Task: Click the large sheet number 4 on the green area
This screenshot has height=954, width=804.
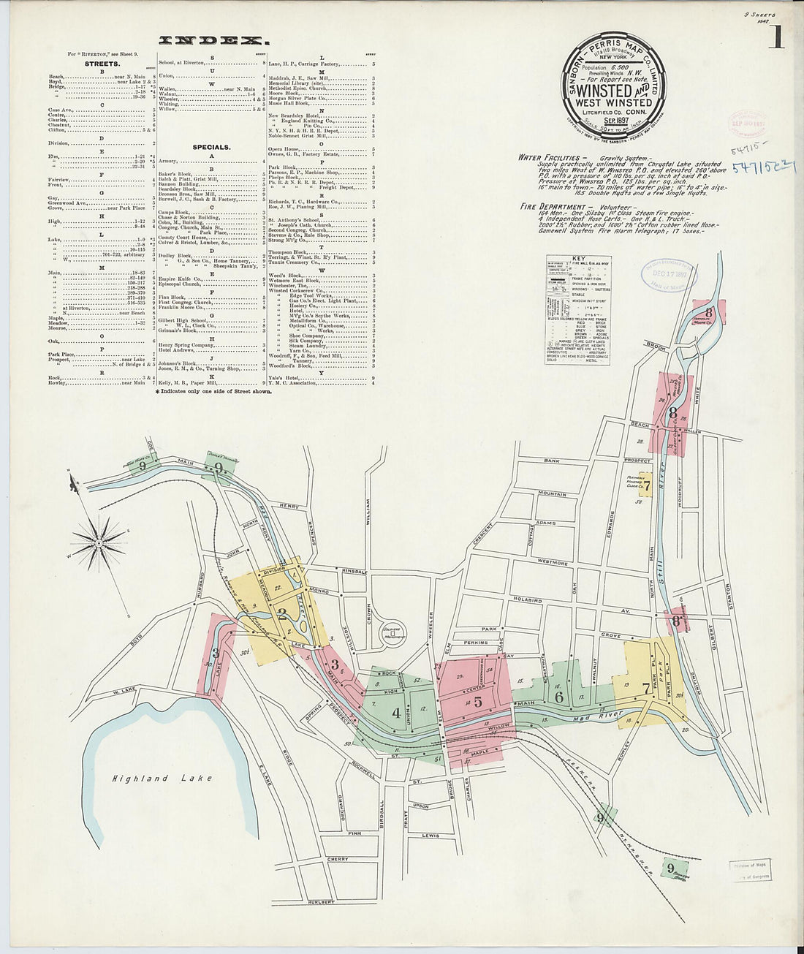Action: [395, 713]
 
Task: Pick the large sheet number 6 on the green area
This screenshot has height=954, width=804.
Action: [559, 697]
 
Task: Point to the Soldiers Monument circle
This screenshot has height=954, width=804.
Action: [395, 634]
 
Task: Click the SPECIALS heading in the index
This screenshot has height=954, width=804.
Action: [211, 147]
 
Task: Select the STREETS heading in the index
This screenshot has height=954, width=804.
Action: [102, 64]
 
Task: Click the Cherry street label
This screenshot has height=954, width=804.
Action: [338, 859]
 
